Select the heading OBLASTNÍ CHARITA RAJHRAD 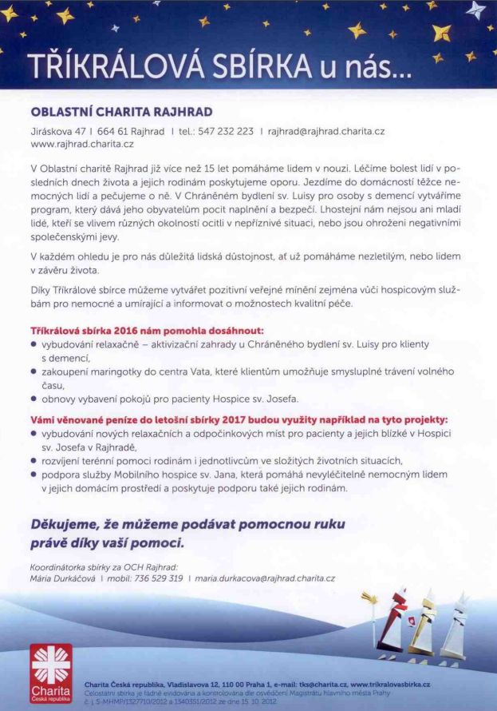click(121, 112)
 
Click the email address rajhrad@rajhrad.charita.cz click(326, 131)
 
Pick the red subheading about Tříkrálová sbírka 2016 click(136, 330)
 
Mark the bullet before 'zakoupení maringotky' click(34, 371)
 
